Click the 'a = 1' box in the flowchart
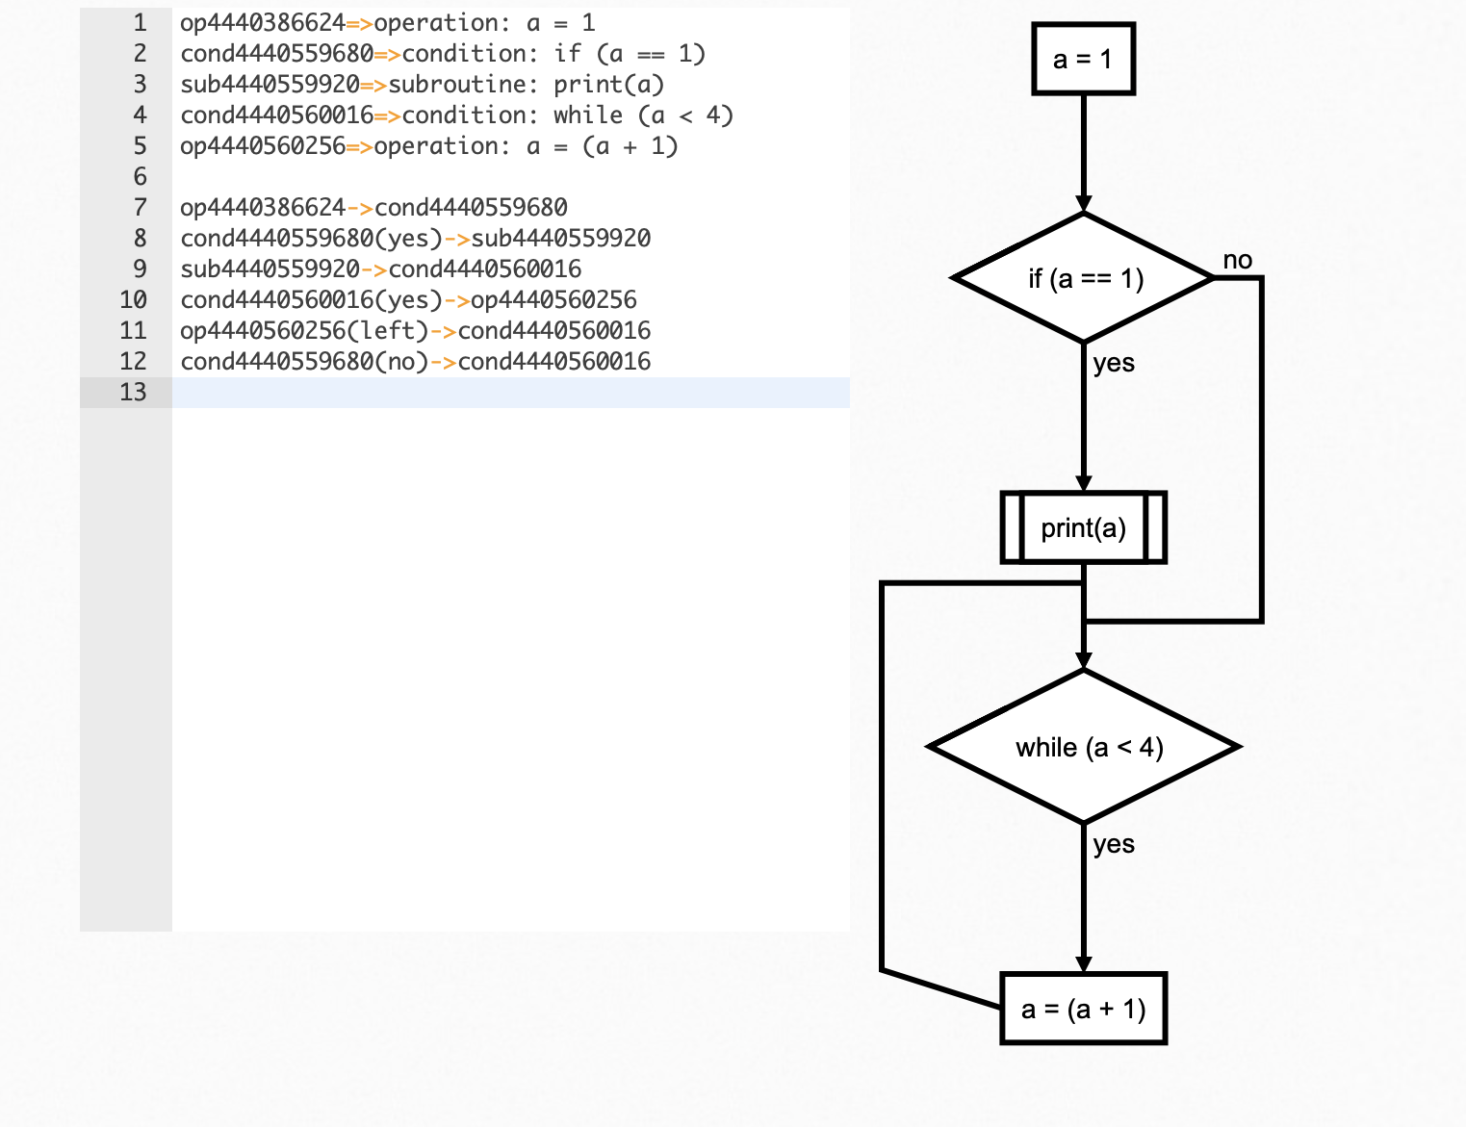click(x=1083, y=60)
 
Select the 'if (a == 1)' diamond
click(x=1084, y=278)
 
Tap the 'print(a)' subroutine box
click(x=1083, y=527)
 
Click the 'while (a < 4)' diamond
click(x=1084, y=747)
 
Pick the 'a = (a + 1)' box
click(x=1083, y=1009)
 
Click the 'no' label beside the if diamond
click(x=1237, y=260)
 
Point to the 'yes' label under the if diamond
click(x=1114, y=363)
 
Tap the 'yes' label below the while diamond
click(x=1114, y=844)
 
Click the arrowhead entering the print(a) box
click(x=1084, y=483)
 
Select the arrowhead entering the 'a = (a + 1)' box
click(x=1084, y=964)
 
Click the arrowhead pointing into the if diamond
click(x=1084, y=204)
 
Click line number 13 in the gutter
click(x=133, y=392)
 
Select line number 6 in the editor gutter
click(x=140, y=176)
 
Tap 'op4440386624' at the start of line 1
click(x=262, y=23)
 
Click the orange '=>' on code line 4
click(x=387, y=115)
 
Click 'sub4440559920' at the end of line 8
click(x=560, y=239)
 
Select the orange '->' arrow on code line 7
click(x=359, y=208)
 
